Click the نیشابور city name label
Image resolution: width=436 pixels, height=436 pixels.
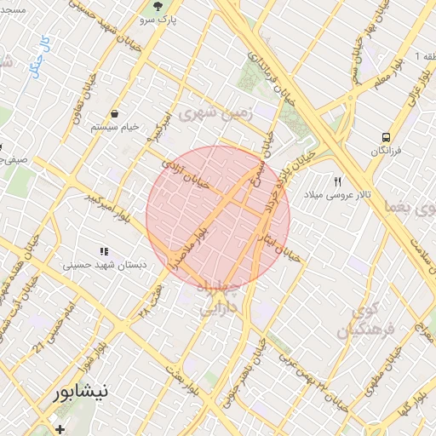coord(81,393)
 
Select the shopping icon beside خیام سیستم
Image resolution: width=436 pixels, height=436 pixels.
coord(114,113)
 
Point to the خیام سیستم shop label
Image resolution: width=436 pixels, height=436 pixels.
coord(113,127)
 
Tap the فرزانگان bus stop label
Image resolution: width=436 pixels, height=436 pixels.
coord(386,151)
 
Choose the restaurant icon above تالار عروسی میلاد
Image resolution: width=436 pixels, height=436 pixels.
coord(338,182)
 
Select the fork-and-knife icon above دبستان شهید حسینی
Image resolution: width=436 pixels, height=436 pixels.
coord(104,252)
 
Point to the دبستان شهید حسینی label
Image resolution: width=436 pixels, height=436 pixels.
coord(104,266)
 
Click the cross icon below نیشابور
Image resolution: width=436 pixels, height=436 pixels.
coord(59,428)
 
